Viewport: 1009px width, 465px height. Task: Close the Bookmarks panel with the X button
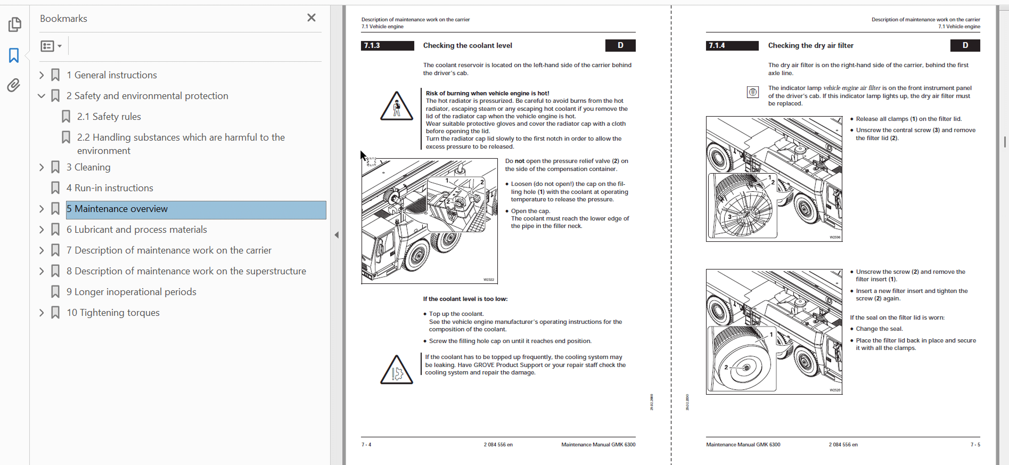click(311, 18)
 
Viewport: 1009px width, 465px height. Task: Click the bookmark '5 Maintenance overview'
click(121, 209)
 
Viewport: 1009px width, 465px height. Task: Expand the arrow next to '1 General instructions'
click(42, 75)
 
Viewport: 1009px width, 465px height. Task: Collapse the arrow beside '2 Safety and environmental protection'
click(42, 96)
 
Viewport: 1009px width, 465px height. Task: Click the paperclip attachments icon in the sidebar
click(14, 85)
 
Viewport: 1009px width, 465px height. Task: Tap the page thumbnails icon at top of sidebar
click(14, 25)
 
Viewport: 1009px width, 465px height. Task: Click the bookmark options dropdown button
click(51, 46)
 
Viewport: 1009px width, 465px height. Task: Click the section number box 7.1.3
click(387, 46)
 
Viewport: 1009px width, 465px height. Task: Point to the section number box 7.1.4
click(732, 46)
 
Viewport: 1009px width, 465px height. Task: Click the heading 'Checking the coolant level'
click(467, 46)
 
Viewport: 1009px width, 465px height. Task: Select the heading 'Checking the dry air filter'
click(810, 46)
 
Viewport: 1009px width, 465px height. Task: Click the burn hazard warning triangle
click(396, 106)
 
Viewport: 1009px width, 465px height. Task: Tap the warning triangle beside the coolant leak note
click(396, 370)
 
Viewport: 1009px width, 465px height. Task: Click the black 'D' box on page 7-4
click(620, 46)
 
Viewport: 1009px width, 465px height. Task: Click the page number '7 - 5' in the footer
click(975, 445)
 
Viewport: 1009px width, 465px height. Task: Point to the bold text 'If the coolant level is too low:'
click(465, 299)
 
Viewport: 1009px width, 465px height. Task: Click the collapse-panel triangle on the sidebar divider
click(337, 235)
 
